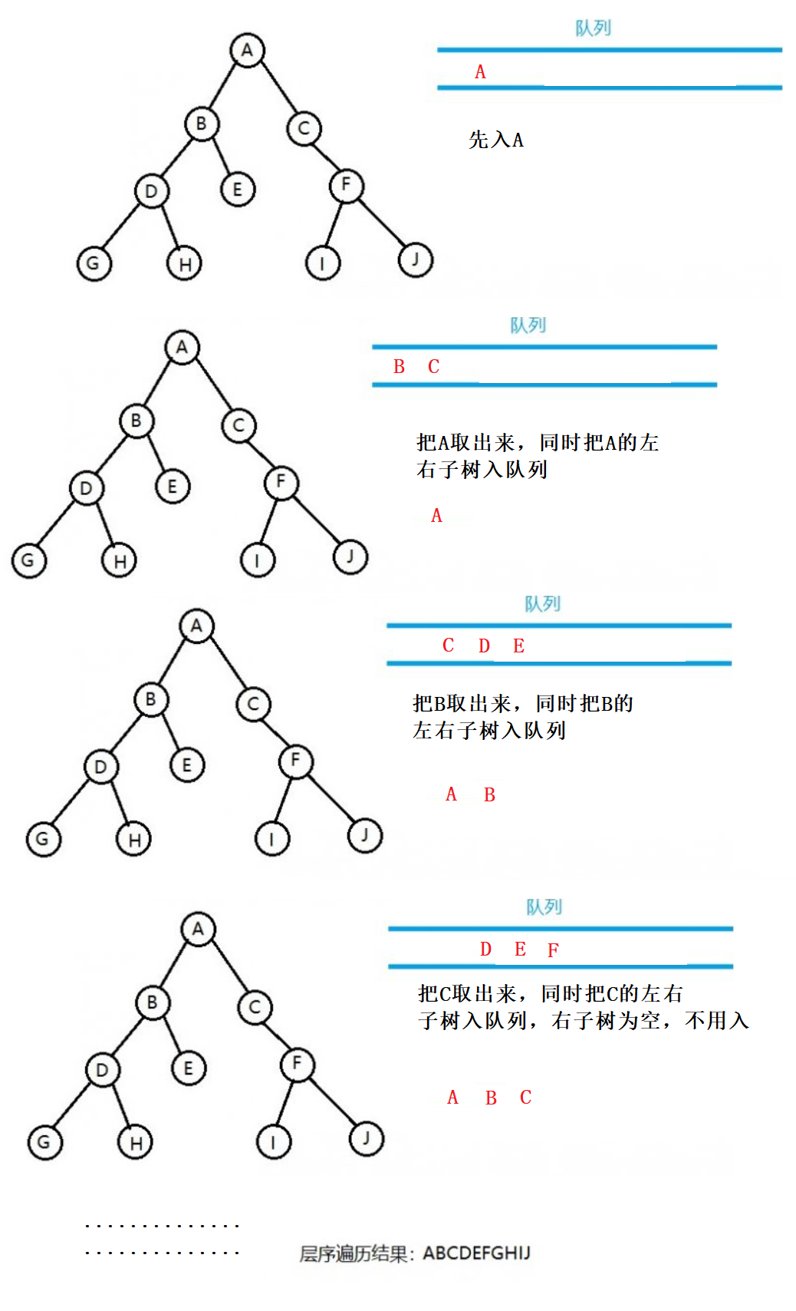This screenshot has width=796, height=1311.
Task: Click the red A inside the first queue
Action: click(x=480, y=72)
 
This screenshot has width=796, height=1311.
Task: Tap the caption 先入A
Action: click(x=496, y=140)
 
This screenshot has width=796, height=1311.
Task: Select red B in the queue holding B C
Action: click(x=399, y=367)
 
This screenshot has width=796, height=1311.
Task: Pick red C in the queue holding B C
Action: click(x=433, y=367)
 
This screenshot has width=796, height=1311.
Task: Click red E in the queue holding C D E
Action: click(x=518, y=646)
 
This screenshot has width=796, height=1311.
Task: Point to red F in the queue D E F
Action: click(x=553, y=950)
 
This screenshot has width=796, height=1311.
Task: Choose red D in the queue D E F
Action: click(x=485, y=949)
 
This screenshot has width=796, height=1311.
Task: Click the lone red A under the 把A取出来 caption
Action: click(x=436, y=516)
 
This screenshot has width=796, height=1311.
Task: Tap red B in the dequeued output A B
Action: click(x=489, y=795)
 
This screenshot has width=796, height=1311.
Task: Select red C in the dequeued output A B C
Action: click(x=525, y=1098)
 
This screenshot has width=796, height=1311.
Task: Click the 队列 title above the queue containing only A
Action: click(x=593, y=28)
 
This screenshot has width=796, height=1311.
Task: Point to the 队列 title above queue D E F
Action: click(x=544, y=907)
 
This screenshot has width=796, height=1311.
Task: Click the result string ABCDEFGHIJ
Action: click(x=476, y=1253)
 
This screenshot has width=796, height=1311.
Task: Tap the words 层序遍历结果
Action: click(x=353, y=1254)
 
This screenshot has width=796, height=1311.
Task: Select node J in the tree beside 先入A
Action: click(x=416, y=259)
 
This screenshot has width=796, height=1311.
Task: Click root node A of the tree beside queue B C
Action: click(x=182, y=347)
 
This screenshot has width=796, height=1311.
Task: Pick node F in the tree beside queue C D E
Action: click(x=295, y=761)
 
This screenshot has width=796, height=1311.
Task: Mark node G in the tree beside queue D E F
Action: click(x=44, y=1142)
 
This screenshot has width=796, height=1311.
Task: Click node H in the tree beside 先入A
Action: click(x=185, y=264)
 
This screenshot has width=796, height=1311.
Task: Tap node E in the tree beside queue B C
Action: click(x=173, y=487)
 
